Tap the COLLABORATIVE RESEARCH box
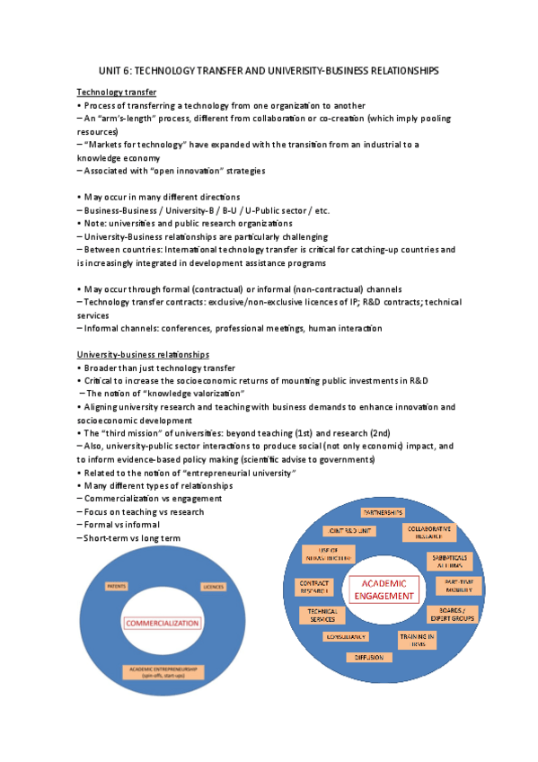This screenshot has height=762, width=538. [428, 533]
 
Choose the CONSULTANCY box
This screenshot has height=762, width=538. [346, 637]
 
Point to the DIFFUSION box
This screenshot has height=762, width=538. [367, 657]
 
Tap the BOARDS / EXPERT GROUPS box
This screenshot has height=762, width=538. [453, 614]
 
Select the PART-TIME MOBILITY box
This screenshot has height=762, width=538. [454, 585]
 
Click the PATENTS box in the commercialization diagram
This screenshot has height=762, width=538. [117, 587]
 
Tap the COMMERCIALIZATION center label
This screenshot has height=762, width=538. [163, 623]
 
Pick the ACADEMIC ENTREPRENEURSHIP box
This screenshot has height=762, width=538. [163, 671]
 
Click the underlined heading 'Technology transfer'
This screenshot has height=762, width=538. [117, 92]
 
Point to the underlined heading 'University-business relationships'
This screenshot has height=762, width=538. [143, 354]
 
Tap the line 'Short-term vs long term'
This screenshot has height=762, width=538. [129, 537]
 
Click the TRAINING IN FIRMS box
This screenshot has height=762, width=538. [418, 640]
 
